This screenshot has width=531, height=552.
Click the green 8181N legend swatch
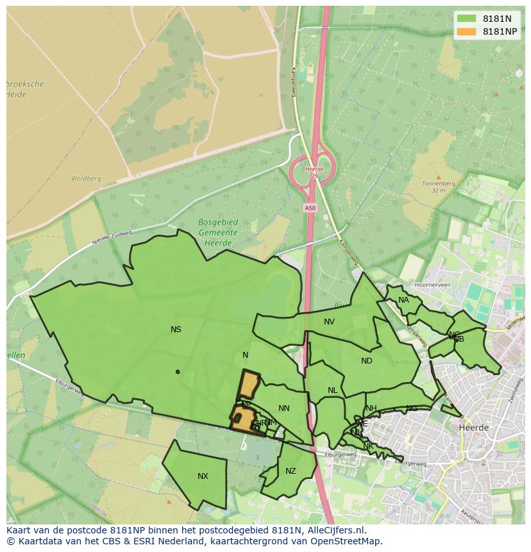(466, 19)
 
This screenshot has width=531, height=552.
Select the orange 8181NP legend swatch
(466, 31)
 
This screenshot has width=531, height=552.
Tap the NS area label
(176, 330)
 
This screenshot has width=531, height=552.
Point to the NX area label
(203, 476)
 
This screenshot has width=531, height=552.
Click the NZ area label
(291, 471)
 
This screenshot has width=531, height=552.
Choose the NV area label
(329, 322)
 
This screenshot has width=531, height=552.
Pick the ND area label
(366, 361)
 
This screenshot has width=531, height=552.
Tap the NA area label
(403, 300)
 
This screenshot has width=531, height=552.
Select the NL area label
(332, 390)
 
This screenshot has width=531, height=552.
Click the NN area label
(284, 408)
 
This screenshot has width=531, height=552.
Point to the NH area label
(371, 408)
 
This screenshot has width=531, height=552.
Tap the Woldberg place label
(86, 179)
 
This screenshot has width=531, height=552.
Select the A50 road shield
(310, 208)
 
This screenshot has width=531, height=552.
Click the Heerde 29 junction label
(314, 172)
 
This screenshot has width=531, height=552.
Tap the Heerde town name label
(474, 427)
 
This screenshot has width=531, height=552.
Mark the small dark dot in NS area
(178, 372)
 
